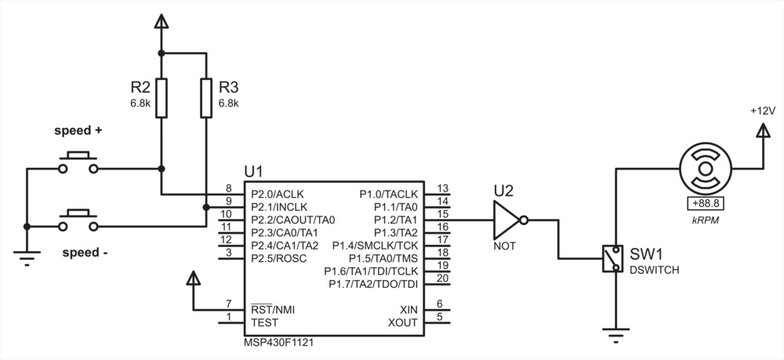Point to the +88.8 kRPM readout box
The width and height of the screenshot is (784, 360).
[x=707, y=202]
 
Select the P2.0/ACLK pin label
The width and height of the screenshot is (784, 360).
[x=277, y=193]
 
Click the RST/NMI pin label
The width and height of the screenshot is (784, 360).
[x=271, y=309]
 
